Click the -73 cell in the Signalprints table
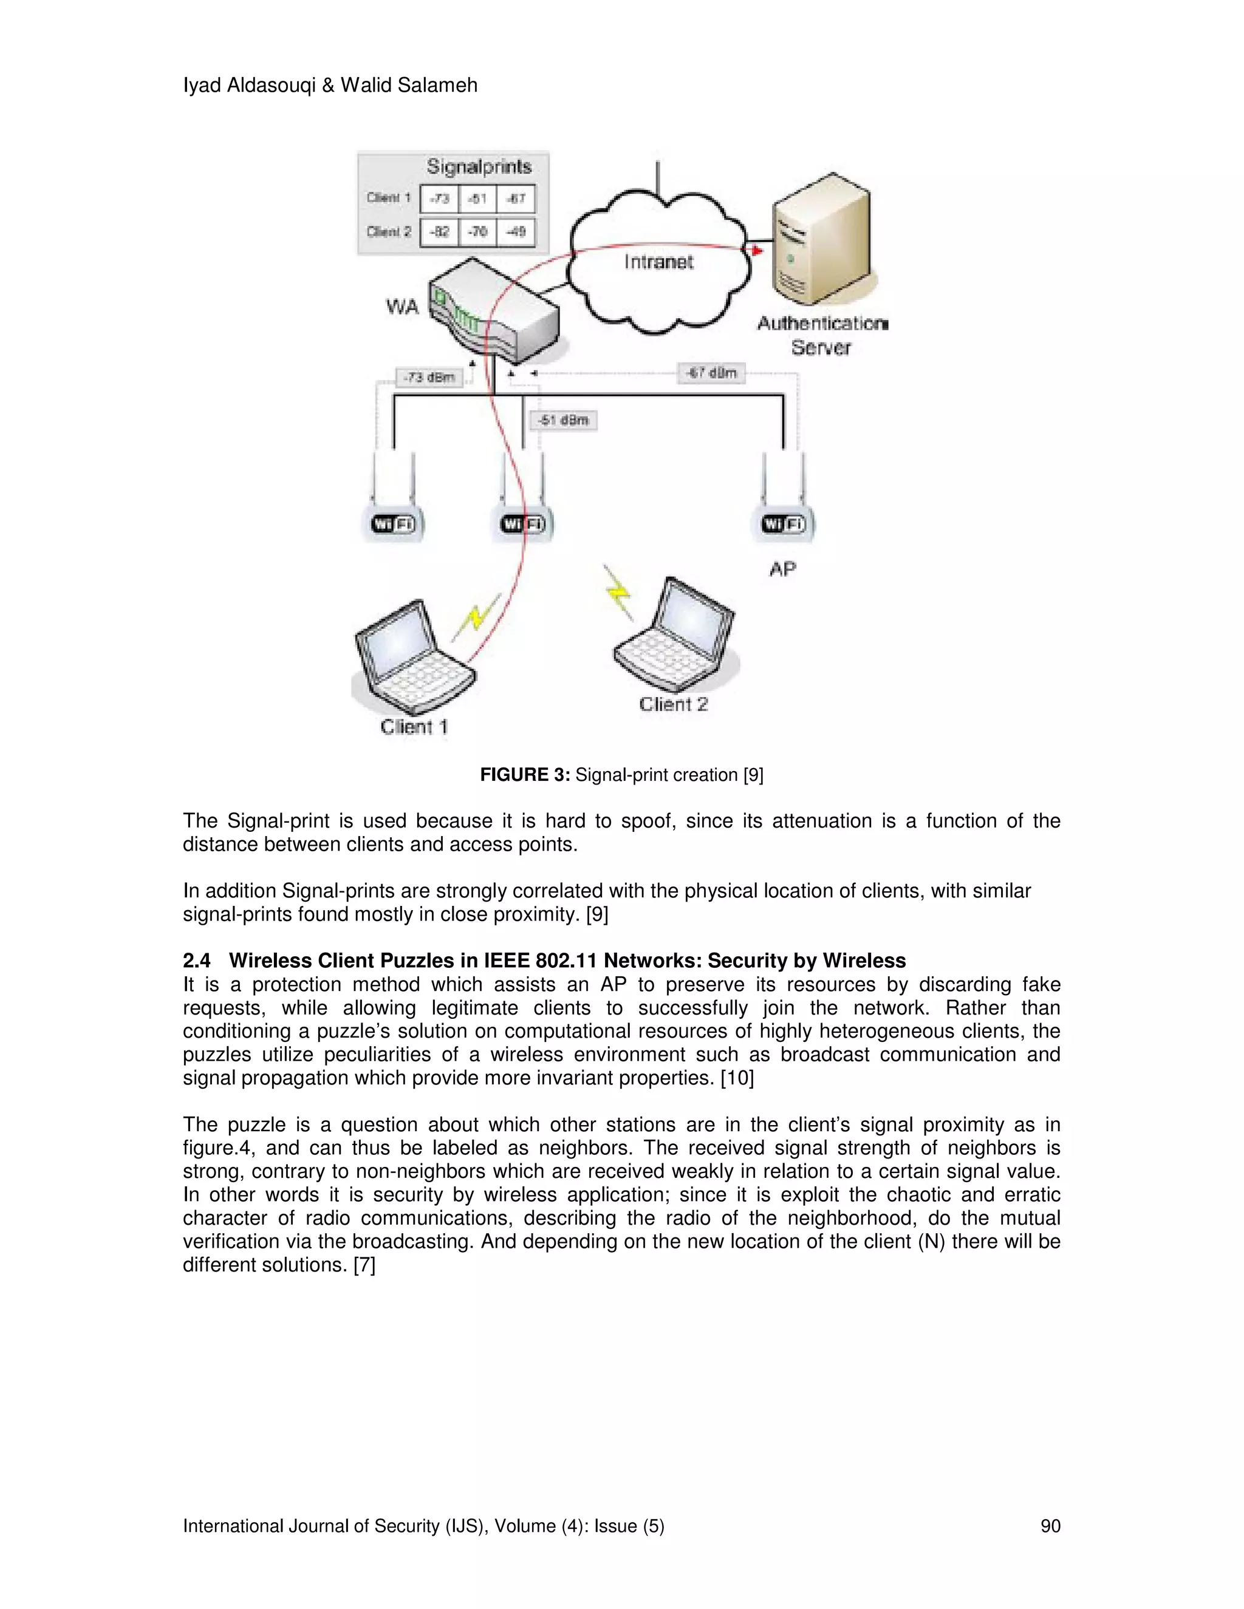point(439,198)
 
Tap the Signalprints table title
point(479,166)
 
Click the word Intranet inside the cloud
point(658,262)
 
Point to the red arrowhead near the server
point(756,251)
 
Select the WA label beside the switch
point(402,307)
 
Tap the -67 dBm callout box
point(711,373)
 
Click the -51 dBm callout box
point(563,420)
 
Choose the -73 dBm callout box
point(429,378)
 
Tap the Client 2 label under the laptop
point(673,704)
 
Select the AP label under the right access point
point(782,569)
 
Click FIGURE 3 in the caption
point(525,775)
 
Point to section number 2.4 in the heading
point(196,961)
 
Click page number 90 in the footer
point(1050,1526)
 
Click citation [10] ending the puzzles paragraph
point(737,1078)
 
